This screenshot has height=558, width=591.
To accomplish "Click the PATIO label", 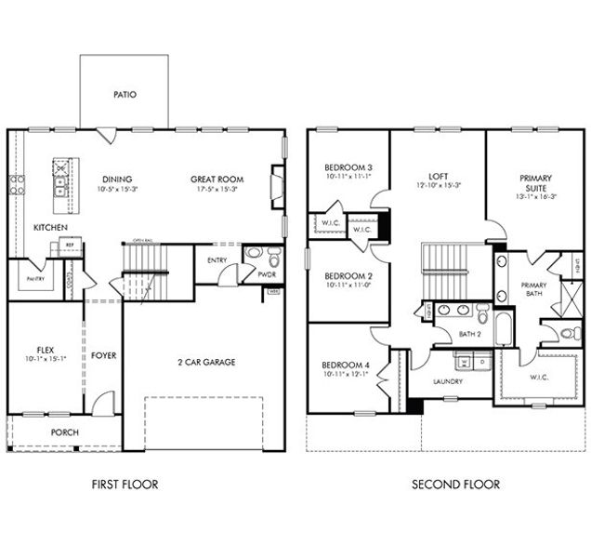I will (x=125, y=95).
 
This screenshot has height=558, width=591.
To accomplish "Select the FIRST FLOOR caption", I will (x=125, y=484).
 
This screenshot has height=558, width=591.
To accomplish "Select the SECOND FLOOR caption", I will (x=456, y=484).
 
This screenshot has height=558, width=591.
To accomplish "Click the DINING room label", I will (x=118, y=179).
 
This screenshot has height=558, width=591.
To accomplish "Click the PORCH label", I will (x=64, y=432).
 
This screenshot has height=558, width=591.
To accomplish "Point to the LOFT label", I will (x=439, y=175).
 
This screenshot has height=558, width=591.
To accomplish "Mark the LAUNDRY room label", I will (x=448, y=381).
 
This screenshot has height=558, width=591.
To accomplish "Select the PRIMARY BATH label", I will (x=533, y=289).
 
